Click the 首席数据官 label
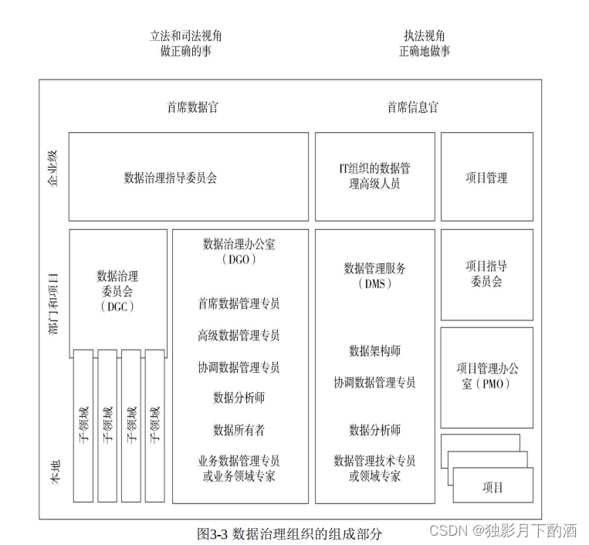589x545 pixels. (192, 107)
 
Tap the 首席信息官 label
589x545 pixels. (412, 107)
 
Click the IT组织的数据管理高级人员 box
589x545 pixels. (374, 177)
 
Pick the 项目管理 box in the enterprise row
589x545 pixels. (486, 178)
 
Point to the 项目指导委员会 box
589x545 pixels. (486, 274)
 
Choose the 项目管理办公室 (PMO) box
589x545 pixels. (486, 376)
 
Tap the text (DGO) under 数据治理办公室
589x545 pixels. (239, 260)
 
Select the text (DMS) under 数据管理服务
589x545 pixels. (374, 283)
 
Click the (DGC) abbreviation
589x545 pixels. (117, 306)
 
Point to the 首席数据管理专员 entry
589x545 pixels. (239, 303)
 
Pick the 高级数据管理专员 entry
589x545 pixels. (239, 335)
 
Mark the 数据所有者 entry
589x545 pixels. (239, 429)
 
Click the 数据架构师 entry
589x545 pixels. (374, 351)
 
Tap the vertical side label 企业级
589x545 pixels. (52, 168)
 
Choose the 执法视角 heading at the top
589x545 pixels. (424, 36)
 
